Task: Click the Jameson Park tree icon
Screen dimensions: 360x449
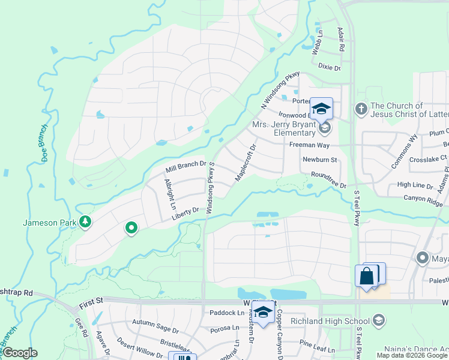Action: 86,223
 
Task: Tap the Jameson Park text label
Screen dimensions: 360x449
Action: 50,223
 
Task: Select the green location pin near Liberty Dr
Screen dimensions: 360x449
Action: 131,227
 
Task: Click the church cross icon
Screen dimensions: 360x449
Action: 361,109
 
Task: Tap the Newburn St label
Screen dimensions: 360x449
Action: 321,160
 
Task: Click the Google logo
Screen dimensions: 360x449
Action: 19,353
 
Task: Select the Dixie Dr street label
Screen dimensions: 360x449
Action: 329,68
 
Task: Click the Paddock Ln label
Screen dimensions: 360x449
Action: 228,313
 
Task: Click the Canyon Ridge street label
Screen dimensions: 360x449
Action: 424,198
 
